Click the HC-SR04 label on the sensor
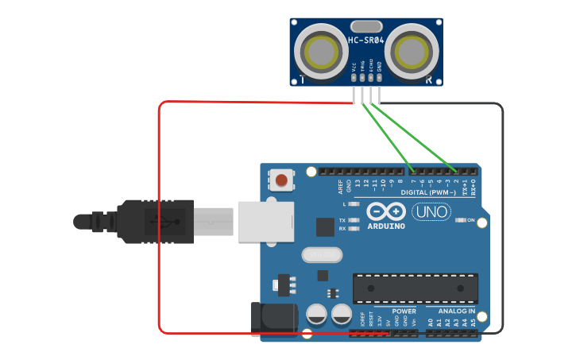click(x=365, y=41)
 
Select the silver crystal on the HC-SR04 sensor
click(x=365, y=26)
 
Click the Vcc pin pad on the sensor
click(x=354, y=77)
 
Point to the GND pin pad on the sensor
click(x=379, y=77)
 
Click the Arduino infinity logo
click(x=386, y=211)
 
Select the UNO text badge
click(x=431, y=212)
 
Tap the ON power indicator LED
click(x=460, y=220)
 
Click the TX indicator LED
click(x=354, y=219)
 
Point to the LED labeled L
click(x=354, y=204)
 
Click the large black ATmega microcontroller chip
click(x=416, y=288)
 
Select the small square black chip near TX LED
click(x=325, y=226)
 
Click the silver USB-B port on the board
click(x=265, y=219)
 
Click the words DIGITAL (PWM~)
click(x=428, y=193)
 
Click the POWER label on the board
click(x=404, y=311)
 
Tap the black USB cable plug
click(x=155, y=220)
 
